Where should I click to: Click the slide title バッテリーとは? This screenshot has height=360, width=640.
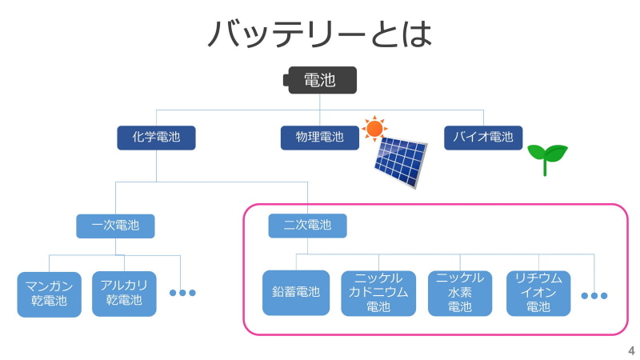pos(319,34)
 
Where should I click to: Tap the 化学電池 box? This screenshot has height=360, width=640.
pos(156,138)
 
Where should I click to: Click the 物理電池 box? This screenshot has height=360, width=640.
pos(319,138)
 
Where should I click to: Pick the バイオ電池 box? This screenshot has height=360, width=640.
pos(483,138)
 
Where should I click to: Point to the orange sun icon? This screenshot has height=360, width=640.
pos(374,127)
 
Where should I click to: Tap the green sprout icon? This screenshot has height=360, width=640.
pos(547,158)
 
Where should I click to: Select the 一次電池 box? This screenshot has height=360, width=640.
pos(115,226)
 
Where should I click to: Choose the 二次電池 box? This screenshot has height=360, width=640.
pos(307,226)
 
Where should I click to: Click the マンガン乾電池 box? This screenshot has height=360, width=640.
pos(49,294)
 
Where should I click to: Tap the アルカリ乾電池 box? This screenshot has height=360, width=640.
pos(124,294)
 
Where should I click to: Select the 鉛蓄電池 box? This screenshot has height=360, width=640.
pos(296,293)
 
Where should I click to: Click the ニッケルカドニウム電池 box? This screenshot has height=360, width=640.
pos(378,293)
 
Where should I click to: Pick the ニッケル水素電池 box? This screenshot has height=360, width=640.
pos(460,293)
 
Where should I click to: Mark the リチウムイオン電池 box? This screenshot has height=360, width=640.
pos(538,293)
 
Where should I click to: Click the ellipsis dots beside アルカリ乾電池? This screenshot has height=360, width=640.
pos(182,293)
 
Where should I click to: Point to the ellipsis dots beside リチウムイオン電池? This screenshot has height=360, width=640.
pos(594,296)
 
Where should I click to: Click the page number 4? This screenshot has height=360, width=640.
pos(631,350)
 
